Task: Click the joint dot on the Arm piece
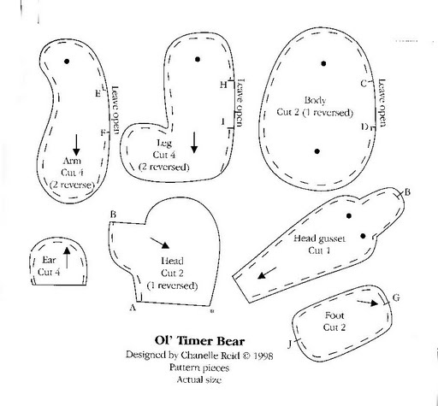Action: point(67,62)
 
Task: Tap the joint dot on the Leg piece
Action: point(198,59)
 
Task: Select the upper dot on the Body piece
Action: point(323,63)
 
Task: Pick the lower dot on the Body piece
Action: point(317,151)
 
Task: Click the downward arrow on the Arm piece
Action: point(76,144)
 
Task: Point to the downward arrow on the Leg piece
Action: point(194,143)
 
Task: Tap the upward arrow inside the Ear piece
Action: point(67,257)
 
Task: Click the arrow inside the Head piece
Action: point(160,243)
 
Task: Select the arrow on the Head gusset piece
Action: point(267,273)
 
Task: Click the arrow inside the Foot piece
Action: point(368,303)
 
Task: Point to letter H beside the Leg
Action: point(223,85)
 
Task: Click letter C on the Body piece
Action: point(364,84)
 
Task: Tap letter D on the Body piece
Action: point(364,127)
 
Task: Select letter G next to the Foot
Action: point(396,298)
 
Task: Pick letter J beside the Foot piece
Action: point(289,344)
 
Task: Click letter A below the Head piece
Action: point(133,308)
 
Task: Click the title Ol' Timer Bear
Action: point(199,341)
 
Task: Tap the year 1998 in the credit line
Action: point(263,356)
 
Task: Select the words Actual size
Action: point(199,380)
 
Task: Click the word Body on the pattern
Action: point(315,101)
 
